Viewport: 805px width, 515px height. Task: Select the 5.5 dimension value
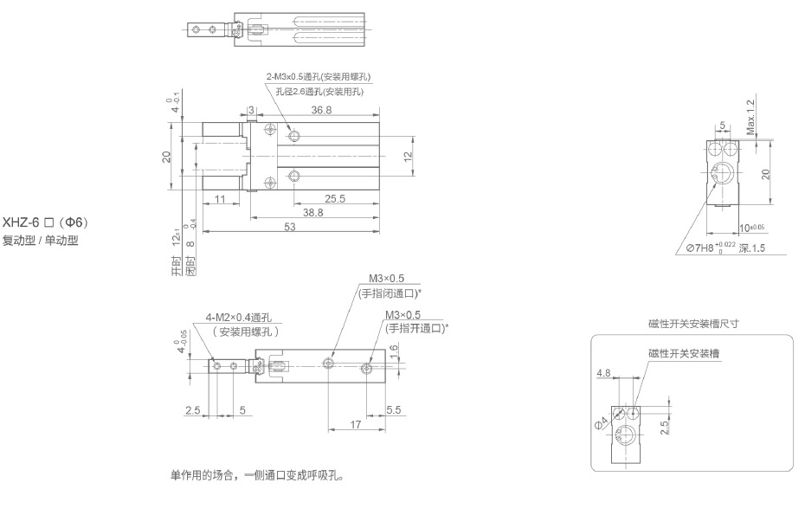pyautogui.click(x=394, y=409)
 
